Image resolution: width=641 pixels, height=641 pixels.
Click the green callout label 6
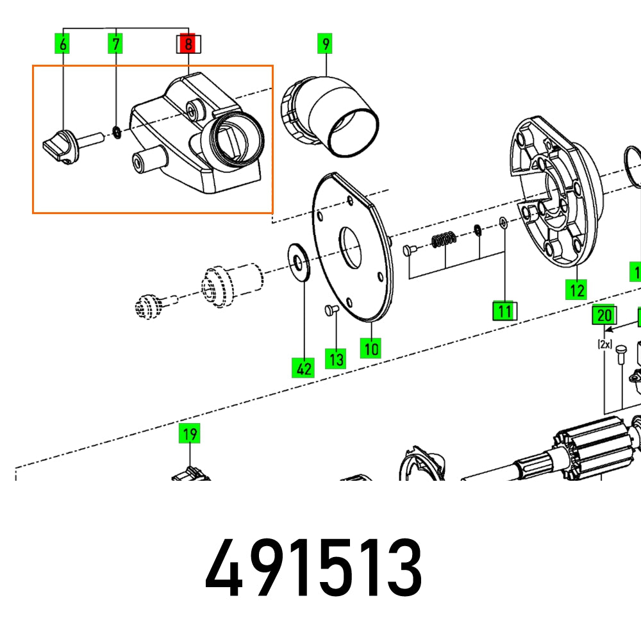click(x=63, y=44)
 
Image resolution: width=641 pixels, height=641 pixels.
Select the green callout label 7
click(x=115, y=44)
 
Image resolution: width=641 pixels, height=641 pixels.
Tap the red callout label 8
click(x=188, y=44)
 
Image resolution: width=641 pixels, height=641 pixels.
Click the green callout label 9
click(x=326, y=44)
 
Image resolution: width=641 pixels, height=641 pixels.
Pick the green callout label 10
click(x=372, y=349)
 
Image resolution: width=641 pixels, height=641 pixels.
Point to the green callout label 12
click(x=576, y=290)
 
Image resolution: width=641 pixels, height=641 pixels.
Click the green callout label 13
click(x=336, y=358)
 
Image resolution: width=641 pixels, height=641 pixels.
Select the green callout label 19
click(x=189, y=434)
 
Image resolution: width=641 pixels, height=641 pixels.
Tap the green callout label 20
click(x=604, y=315)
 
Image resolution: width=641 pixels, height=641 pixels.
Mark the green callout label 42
click(x=303, y=368)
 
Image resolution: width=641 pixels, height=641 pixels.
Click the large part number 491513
click(x=313, y=567)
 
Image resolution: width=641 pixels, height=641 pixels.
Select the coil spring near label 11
click(x=444, y=240)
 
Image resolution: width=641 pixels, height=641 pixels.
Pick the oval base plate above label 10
click(x=353, y=250)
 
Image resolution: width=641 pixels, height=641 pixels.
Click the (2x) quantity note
click(x=604, y=344)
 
